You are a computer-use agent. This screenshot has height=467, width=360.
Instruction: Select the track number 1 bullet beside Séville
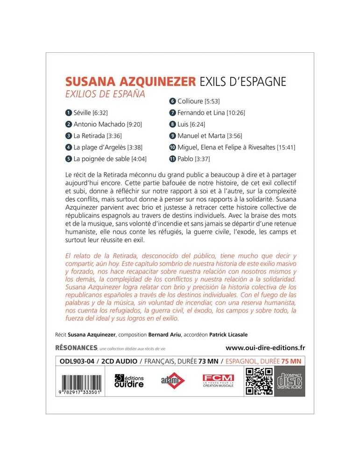(x=69, y=113)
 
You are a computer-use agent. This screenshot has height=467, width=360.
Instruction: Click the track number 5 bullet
(x=69, y=158)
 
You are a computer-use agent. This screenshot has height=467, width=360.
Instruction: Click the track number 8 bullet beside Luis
(x=173, y=124)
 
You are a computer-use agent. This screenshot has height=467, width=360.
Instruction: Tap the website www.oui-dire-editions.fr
(x=265, y=347)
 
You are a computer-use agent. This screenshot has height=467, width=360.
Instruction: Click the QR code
(x=259, y=381)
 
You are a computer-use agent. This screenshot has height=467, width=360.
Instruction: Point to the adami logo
(x=169, y=381)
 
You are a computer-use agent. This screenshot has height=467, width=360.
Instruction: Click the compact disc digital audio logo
(x=289, y=381)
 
